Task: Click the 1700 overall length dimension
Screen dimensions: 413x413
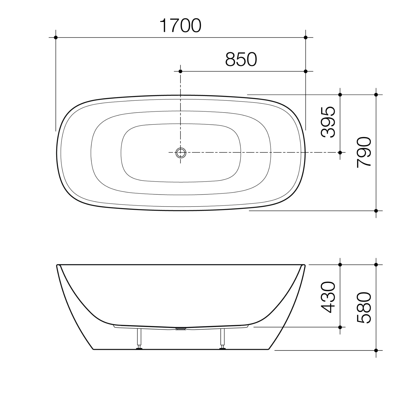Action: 180,26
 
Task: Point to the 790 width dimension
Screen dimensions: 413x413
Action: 364,152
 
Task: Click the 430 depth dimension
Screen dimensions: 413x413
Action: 328,297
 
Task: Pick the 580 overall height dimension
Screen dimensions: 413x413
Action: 364,308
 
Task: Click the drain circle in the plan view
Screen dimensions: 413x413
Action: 181,153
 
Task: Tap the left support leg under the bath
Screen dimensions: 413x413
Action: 140,338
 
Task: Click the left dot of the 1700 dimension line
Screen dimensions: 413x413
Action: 56,37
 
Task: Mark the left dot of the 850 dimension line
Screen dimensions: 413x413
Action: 180,71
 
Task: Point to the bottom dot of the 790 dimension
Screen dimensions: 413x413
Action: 376,211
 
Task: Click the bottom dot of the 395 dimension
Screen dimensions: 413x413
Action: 340,153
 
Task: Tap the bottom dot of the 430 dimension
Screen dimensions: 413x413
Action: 340,327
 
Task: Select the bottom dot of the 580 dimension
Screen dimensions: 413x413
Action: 376,350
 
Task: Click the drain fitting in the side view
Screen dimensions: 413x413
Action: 181,329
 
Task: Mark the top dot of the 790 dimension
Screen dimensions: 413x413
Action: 376,95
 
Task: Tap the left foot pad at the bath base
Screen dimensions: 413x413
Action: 140,349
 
